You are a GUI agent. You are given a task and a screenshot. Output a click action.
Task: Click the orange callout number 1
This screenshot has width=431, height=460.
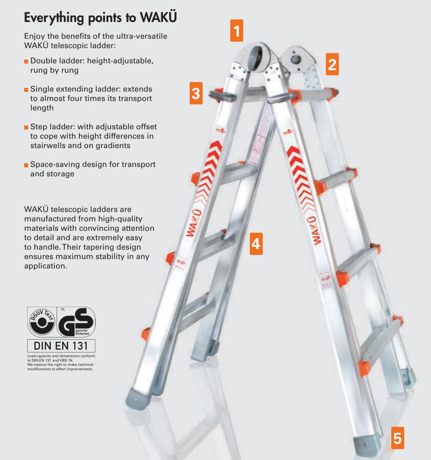click(237, 31)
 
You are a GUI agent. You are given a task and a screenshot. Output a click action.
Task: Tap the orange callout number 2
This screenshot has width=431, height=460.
click(332, 64)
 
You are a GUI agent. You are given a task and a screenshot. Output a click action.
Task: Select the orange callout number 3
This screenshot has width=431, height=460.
click(195, 94)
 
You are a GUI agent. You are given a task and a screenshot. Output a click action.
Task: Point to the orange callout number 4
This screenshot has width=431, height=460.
click(255, 243)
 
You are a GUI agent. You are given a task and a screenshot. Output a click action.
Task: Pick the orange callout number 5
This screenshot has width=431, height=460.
click(398, 437)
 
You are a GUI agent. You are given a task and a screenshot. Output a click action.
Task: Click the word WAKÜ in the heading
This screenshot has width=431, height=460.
click(158, 17)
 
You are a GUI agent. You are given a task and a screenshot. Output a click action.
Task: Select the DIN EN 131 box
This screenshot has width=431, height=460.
click(61, 346)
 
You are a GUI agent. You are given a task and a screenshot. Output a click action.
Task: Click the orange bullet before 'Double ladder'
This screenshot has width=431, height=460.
click(26, 61)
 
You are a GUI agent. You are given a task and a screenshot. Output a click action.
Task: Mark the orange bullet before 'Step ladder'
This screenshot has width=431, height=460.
click(26, 127)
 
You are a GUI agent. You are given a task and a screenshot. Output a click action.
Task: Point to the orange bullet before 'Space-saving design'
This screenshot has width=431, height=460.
click(26, 165)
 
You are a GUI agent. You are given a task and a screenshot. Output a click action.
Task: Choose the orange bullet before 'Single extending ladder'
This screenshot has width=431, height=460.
click(26, 89)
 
